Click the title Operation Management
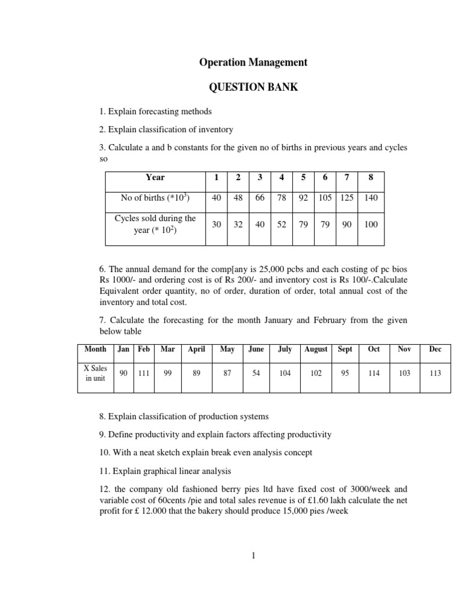click(x=253, y=62)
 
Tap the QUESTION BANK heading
click(x=253, y=88)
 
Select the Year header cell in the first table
click(x=155, y=177)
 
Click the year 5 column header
click(x=304, y=177)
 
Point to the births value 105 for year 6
click(x=325, y=198)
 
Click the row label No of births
click(x=155, y=198)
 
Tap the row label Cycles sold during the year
click(x=155, y=224)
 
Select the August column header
click(x=316, y=349)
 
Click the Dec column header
click(x=435, y=349)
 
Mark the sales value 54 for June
click(x=256, y=373)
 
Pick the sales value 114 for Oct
click(x=374, y=373)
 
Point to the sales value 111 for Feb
click(x=143, y=373)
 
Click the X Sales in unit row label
click(x=94, y=373)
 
